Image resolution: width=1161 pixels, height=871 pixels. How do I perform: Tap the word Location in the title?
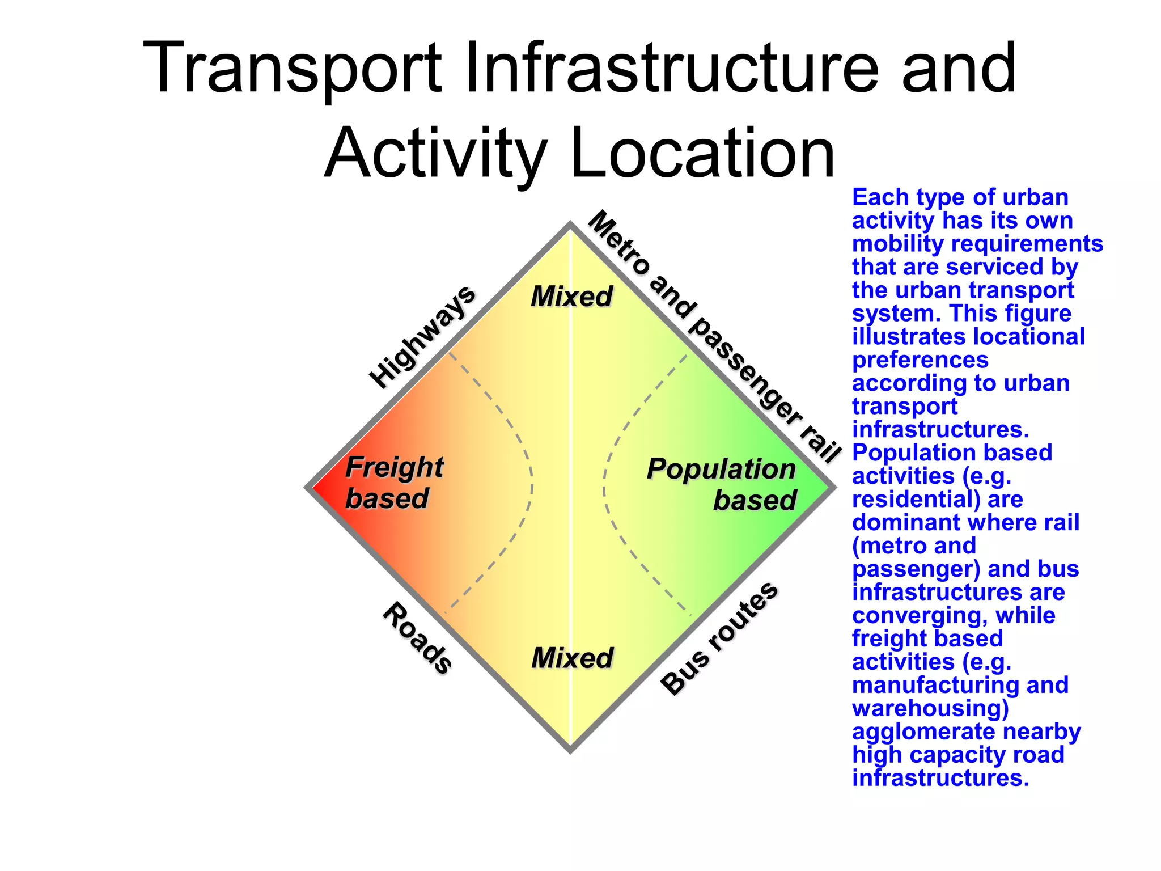point(703,153)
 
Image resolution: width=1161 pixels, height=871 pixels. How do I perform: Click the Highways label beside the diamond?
point(422,337)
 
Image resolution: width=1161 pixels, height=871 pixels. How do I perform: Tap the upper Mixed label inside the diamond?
point(571,297)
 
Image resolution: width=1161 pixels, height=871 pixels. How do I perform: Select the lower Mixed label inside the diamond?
point(572,658)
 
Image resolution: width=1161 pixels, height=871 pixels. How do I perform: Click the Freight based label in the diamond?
point(393,483)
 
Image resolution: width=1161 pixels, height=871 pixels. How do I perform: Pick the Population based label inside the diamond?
point(722,484)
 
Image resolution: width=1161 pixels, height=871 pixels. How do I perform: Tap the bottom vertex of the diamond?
point(570,750)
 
